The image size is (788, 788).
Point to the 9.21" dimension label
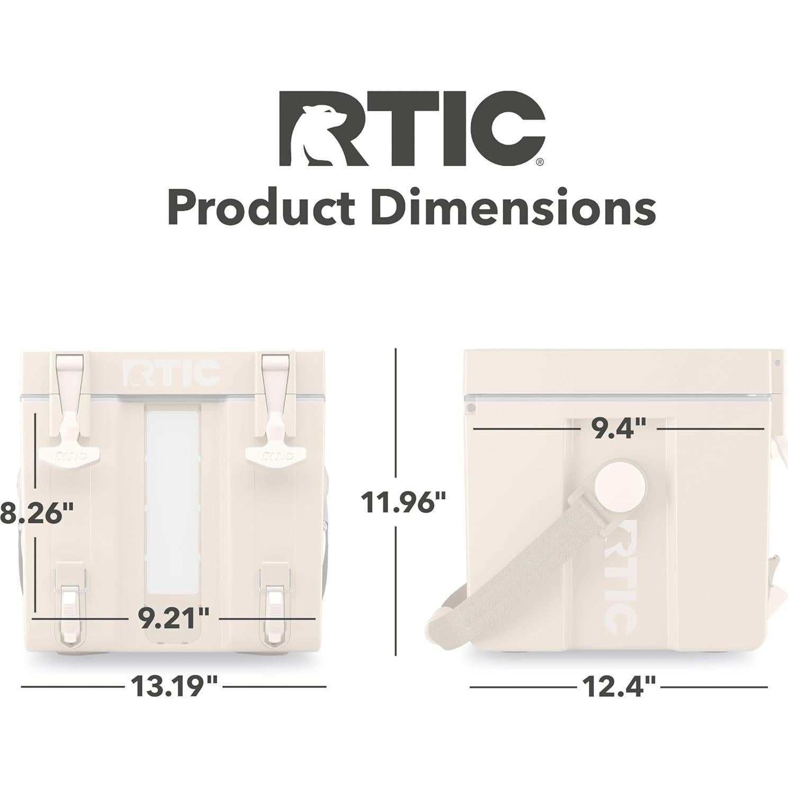(x=174, y=617)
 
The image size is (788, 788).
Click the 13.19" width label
(x=174, y=686)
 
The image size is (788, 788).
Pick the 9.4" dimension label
(x=619, y=428)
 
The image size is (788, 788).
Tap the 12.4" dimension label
(x=619, y=687)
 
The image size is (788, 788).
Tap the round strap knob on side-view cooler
(x=620, y=486)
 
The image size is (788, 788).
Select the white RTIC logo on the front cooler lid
(x=171, y=373)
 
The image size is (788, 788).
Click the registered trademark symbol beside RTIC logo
(x=539, y=163)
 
